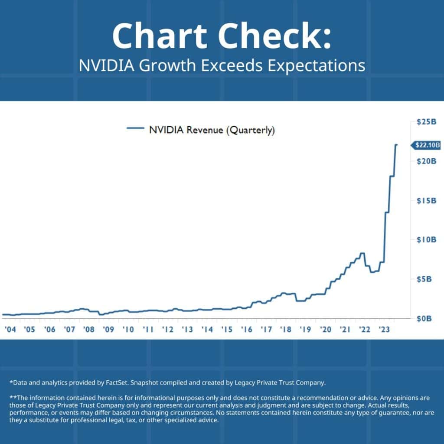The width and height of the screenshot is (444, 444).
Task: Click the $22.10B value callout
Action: (x=427, y=146)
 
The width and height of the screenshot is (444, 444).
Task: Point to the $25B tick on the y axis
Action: (x=426, y=122)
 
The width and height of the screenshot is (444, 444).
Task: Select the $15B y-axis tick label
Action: (x=426, y=201)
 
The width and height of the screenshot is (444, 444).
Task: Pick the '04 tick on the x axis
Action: (x=10, y=330)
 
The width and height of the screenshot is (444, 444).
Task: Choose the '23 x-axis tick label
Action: (x=384, y=330)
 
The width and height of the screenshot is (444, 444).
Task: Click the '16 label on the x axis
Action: (x=246, y=330)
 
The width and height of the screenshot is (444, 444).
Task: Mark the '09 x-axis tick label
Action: (x=108, y=330)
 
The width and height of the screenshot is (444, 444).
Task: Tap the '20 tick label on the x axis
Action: (x=325, y=330)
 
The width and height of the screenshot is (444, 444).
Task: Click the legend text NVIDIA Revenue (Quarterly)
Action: (x=212, y=130)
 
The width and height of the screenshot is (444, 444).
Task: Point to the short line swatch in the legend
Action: (x=135, y=128)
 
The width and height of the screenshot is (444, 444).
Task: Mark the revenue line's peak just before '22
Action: (x=362, y=253)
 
